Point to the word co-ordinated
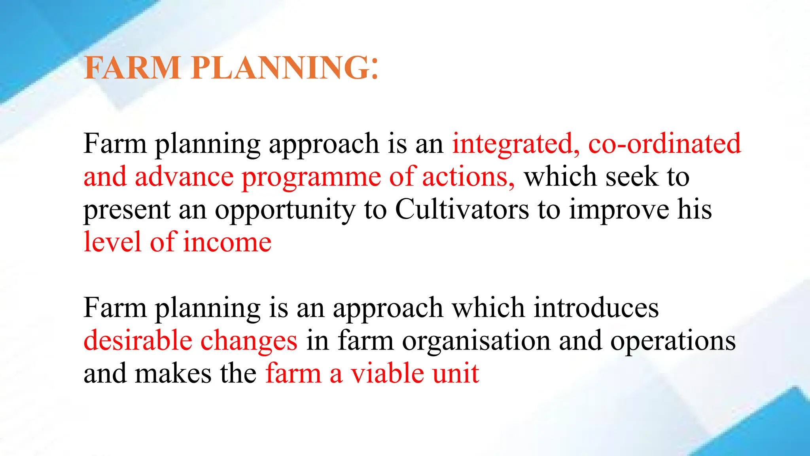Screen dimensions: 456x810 click(x=664, y=143)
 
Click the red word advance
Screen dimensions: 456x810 click(x=184, y=177)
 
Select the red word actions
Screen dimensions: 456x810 click(x=468, y=177)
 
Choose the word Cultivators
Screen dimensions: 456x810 click(x=462, y=209)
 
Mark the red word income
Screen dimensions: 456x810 click(x=227, y=242)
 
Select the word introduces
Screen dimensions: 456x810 click(x=596, y=308)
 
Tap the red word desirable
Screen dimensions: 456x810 click(x=138, y=341)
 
